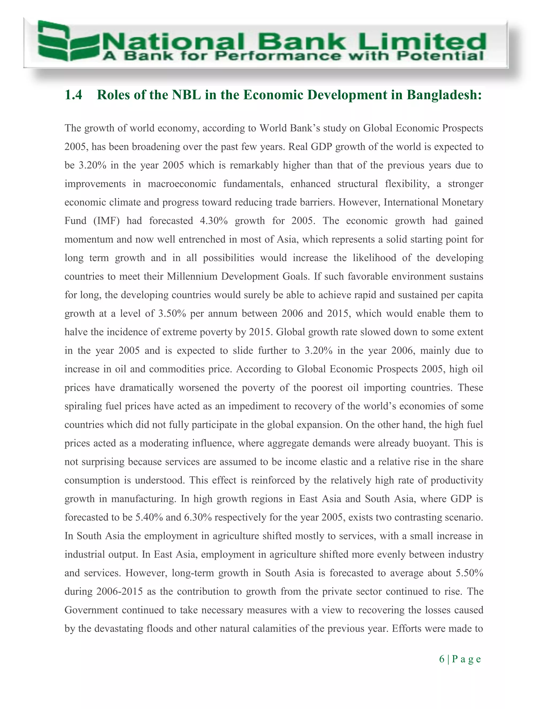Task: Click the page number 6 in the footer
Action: (x=442, y=659)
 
